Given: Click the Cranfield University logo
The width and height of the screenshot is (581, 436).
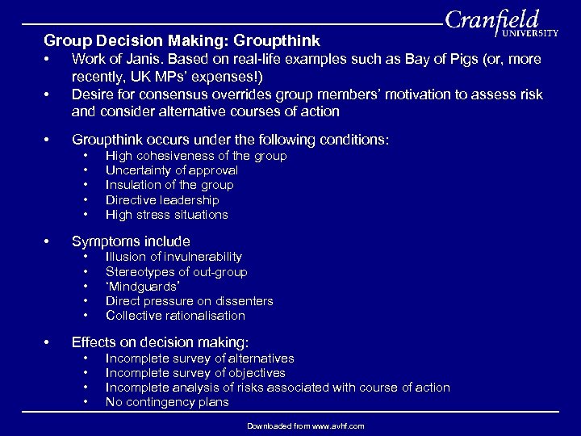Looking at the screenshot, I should click(500, 24).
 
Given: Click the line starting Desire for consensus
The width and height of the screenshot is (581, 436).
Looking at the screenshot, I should click(307, 95).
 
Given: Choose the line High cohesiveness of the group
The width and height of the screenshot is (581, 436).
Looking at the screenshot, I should click(196, 156).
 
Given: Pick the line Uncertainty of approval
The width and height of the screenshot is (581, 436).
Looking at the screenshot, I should click(172, 170).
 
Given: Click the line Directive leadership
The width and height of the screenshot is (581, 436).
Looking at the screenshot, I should click(162, 199).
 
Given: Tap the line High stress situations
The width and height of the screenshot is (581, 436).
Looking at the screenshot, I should click(167, 215).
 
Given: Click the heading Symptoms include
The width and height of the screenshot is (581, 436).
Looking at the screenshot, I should click(131, 241).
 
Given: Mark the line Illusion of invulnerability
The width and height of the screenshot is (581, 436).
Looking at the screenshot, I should click(173, 257).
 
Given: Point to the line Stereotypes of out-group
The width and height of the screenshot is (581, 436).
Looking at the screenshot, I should click(176, 272).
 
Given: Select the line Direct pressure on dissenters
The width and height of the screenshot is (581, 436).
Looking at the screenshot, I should click(190, 301).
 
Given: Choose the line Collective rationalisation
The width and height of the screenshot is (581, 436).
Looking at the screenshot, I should click(175, 316).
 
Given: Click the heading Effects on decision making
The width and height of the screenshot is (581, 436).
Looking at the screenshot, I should click(161, 342).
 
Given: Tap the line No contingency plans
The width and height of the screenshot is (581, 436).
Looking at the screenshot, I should click(167, 402).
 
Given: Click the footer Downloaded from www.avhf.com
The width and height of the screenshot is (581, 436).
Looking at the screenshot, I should click(306, 426).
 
